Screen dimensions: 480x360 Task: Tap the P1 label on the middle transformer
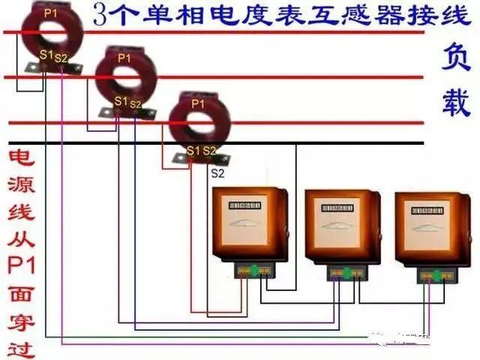(124, 58)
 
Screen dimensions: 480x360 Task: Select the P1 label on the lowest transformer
(197, 104)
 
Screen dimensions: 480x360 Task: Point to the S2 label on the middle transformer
(136, 103)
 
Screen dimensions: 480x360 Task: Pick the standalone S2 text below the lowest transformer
(217, 172)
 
